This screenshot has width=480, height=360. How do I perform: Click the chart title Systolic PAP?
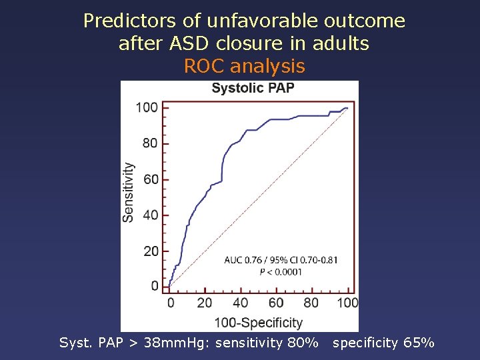point(253,88)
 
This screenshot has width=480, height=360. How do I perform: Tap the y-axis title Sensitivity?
point(128,192)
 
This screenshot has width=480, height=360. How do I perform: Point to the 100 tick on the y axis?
point(147,107)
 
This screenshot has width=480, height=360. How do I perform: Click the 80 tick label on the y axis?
point(150,143)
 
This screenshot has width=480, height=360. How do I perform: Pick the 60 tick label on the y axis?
point(150,179)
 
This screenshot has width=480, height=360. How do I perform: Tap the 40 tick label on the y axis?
point(150,215)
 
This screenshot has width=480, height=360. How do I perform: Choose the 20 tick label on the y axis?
point(150,251)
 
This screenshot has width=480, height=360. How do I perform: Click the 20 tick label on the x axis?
point(205,303)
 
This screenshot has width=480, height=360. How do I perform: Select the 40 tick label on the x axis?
point(240,303)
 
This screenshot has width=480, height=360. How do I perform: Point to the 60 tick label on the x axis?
point(276,303)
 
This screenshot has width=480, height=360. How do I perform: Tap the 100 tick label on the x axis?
point(347,303)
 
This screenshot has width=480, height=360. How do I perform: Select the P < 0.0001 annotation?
point(281,271)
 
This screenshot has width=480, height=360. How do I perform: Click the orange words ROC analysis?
point(244,66)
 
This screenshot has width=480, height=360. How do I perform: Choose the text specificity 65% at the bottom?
point(383,343)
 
